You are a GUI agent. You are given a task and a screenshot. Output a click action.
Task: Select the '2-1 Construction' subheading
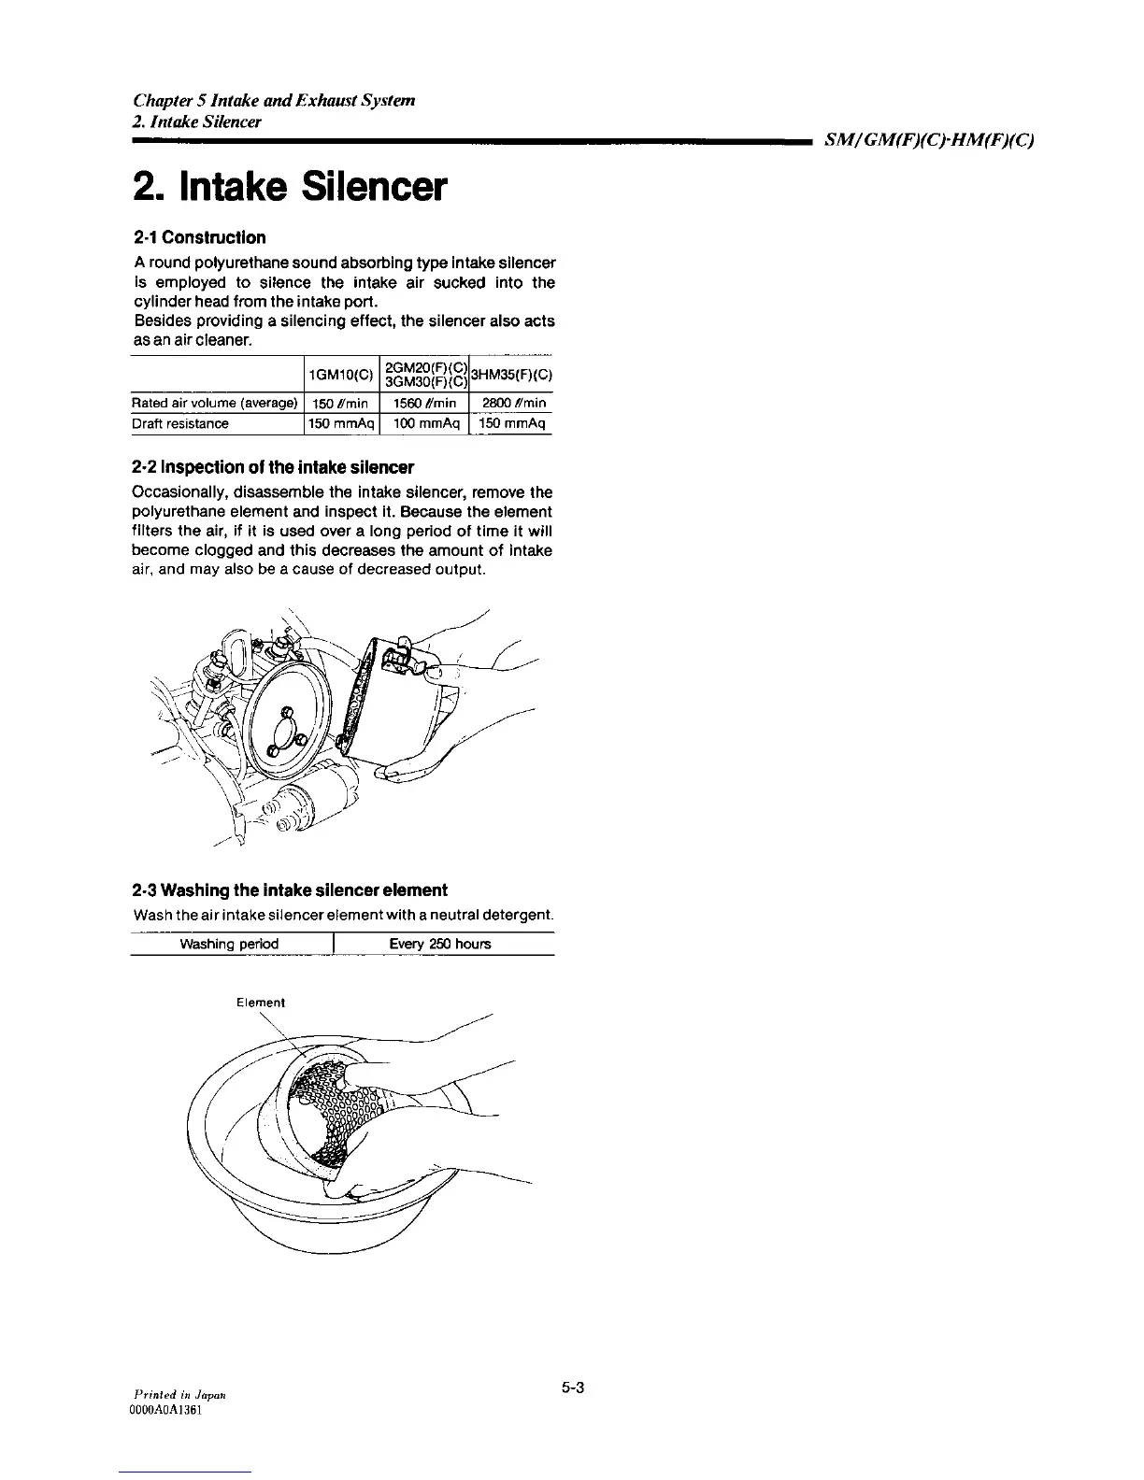199,237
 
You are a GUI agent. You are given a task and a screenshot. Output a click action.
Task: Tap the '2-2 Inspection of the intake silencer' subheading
273,466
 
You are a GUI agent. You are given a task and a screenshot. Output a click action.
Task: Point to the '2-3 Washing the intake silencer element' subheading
290,889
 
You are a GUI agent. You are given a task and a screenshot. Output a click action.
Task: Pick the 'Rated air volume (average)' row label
215,404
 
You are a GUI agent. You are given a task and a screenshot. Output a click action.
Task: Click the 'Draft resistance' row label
180,424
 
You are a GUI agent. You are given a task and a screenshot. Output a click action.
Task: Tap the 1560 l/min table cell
425,404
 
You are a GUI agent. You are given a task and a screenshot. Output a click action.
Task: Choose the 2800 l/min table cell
514,404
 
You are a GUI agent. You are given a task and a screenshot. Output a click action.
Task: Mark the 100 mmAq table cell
426,424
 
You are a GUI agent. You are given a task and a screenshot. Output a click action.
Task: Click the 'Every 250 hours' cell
439,944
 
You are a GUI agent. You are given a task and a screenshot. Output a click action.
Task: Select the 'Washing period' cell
230,944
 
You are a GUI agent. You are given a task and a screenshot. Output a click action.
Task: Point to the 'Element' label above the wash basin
261,1003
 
